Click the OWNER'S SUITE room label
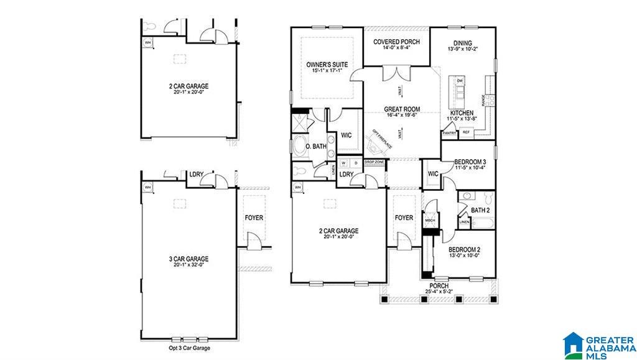pos(327,65)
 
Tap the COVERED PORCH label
pos(396,42)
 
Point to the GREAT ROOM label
pos(402,109)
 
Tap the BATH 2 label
pos(480,211)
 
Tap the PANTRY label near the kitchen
pos(449,132)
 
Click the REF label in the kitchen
pos(467,132)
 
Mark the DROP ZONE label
pos(374,162)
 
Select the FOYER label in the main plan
pos(404,218)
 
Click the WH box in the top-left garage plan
pos(147,42)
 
